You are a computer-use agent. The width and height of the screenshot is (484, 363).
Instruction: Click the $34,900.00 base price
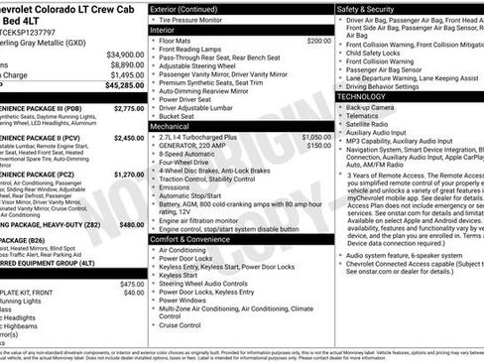pyautogui.click(x=124, y=54)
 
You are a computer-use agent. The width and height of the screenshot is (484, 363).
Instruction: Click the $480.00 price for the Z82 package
pyautogui.click(x=131, y=224)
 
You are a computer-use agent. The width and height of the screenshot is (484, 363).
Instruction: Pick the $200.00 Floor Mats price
pyautogui.click(x=318, y=41)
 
